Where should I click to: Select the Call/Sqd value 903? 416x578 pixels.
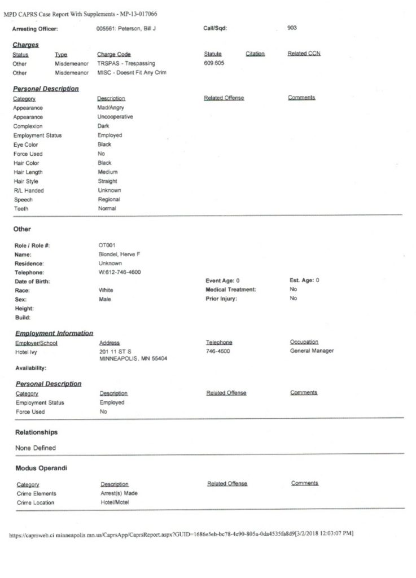292,27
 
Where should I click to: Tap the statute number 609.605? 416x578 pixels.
214,63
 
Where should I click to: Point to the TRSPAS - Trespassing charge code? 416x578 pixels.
126,63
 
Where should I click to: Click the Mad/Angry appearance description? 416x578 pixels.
111,108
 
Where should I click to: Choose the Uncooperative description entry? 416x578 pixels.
115,117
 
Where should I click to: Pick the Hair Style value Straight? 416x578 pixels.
107,181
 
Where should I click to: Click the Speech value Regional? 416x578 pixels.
108,199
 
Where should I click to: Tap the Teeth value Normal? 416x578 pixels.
107,208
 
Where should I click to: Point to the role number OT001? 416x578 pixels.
107,246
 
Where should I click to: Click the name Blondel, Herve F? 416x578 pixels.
119,255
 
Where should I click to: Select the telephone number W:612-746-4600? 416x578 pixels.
120,272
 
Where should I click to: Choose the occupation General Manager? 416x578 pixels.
312,351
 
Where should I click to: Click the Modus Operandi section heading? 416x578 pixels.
41,468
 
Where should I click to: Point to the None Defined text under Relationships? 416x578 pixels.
36,448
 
